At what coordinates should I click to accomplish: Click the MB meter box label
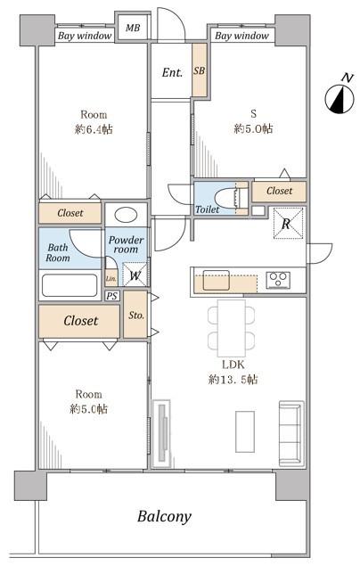133,28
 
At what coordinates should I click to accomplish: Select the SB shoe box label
199,70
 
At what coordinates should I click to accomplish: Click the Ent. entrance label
172,72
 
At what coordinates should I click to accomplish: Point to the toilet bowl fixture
226,198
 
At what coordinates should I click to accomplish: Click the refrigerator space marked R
286,224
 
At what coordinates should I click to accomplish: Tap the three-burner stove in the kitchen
278,280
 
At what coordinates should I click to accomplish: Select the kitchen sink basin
216,280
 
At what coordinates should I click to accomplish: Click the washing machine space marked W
135,275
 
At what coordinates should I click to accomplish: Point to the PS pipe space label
112,296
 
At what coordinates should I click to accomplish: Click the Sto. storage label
136,316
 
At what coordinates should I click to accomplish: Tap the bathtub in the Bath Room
70,285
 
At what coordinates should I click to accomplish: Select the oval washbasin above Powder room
126,216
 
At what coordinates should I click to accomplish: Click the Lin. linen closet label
111,278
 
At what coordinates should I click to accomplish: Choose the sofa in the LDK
291,432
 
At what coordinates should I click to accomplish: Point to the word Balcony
164,517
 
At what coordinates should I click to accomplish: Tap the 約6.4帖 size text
94,129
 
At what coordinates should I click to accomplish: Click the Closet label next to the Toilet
279,191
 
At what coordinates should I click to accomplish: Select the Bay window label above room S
241,36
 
